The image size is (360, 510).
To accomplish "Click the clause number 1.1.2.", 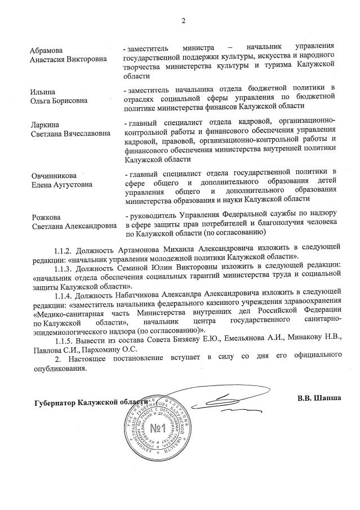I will (x=65, y=249).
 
